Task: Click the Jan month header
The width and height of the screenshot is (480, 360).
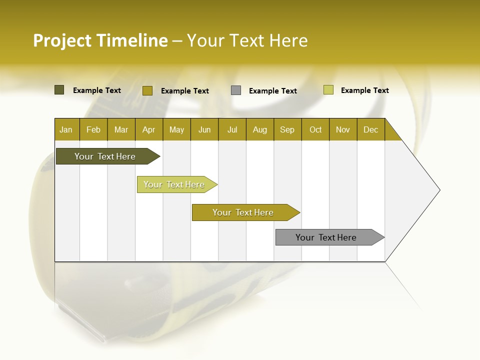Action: (66, 129)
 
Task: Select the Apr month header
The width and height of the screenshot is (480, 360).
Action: (148, 129)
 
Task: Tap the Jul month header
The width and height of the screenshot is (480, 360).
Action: (232, 129)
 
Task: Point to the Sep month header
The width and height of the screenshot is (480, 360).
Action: (287, 129)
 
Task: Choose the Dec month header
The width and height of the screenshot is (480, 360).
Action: (370, 129)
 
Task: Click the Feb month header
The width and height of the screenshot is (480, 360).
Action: (93, 129)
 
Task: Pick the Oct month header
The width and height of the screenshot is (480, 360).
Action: (315, 129)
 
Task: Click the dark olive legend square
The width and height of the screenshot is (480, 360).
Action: (59, 90)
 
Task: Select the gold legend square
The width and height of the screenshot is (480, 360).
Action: (147, 90)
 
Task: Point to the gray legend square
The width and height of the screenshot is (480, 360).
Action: (236, 90)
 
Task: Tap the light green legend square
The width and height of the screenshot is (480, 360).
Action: (328, 90)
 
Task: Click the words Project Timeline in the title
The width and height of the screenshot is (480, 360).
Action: (100, 40)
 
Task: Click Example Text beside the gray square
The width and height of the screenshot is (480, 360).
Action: (272, 90)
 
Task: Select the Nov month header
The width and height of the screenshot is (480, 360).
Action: (343, 129)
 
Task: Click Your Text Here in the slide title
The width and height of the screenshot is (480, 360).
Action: (247, 40)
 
